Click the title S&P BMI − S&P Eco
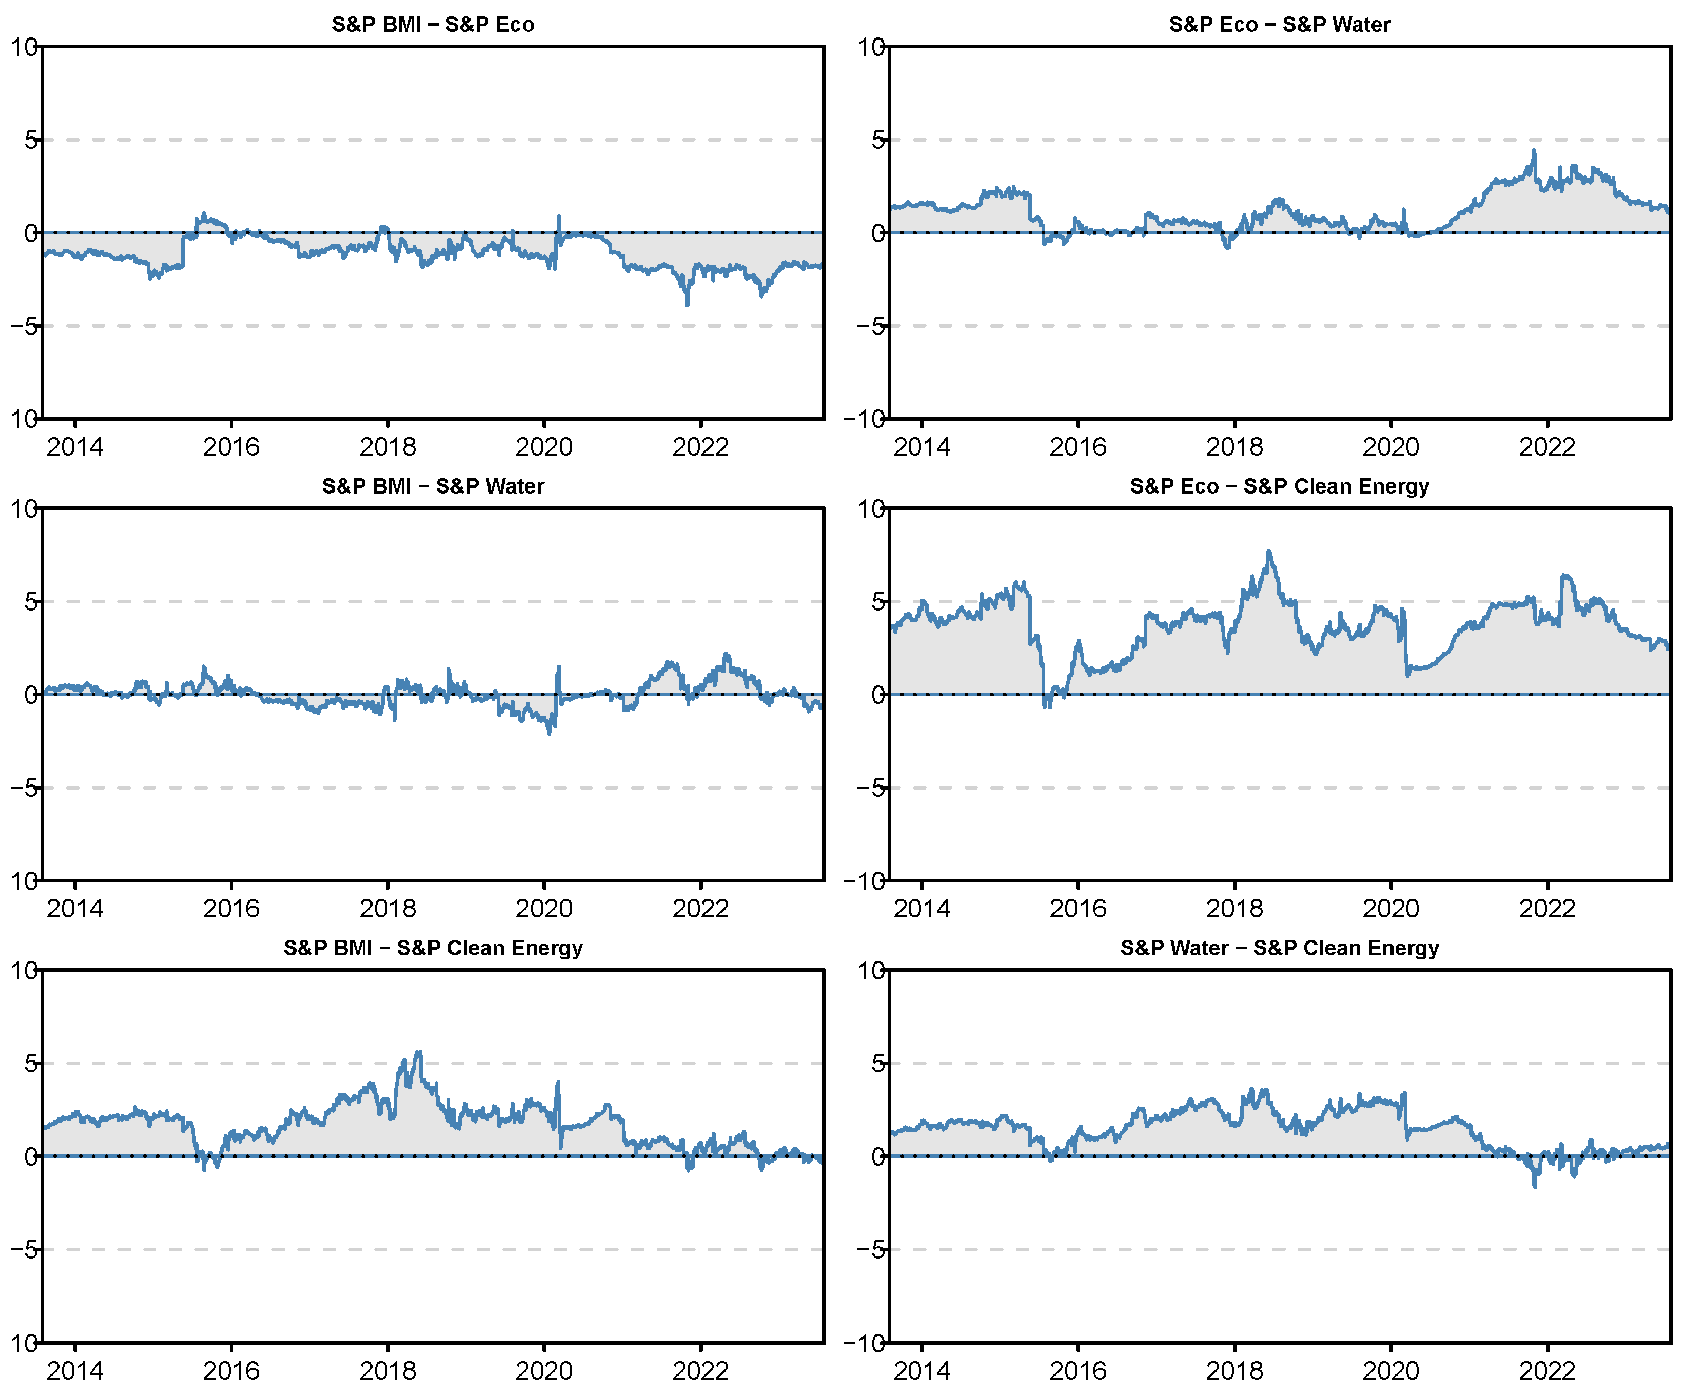(433, 24)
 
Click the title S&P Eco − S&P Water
(1279, 24)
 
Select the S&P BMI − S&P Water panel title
(433, 486)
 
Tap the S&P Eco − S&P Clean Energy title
(1279, 486)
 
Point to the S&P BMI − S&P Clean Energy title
(433, 948)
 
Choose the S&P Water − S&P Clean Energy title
(1279, 948)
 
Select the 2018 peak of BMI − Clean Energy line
(418, 1052)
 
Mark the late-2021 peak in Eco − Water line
(1534, 150)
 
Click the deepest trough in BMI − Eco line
(687, 305)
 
